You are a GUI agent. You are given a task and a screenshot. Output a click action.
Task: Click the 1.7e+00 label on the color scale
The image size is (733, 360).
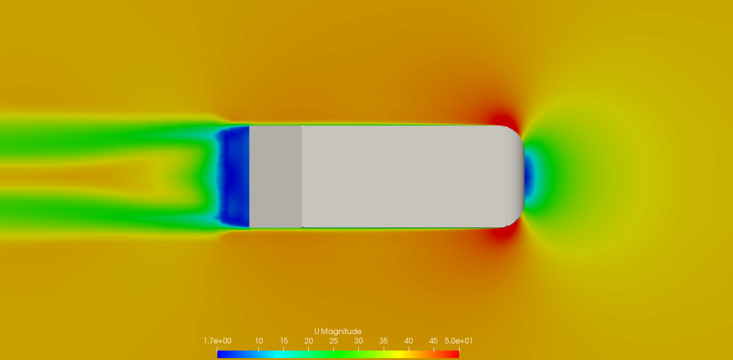click(x=218, y=341)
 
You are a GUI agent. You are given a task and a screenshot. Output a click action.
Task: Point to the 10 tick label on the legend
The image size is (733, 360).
click(x=259, y=341)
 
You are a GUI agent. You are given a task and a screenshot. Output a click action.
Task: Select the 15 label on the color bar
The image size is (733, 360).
click(x=284, y=341)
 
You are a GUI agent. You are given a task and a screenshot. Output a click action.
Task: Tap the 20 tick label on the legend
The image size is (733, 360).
click(x=309, y=341)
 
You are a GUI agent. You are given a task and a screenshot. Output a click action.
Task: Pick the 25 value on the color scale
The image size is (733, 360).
click(x=334, y=341)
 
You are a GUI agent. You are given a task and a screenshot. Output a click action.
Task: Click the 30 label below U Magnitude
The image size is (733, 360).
click(x=358, y=341)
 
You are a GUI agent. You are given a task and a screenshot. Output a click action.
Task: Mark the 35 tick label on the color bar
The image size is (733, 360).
click(x=384, y=341)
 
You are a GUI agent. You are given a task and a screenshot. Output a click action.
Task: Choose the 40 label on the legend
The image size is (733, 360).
click(x=408, y=341)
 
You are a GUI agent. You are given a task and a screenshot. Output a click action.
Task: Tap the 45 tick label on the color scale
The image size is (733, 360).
click(x=433, y=341)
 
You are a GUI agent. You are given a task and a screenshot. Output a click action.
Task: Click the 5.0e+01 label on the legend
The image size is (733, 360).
click(x=459, y=341)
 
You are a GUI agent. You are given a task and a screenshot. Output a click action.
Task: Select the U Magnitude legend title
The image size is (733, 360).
click(x=338, y=331)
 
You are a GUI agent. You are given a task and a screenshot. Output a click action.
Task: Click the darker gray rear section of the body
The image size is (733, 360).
click(x=275, y=177)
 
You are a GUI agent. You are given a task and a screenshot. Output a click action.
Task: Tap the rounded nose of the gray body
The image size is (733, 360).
click(x=515, y=177)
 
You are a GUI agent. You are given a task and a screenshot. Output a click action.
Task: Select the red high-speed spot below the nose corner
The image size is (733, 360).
click(x=502, y=234)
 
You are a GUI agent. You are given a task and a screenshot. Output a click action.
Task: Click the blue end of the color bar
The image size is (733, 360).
click(x=220, y=354)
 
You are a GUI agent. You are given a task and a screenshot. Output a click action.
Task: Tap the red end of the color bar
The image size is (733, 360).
click(x=456, y=354)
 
